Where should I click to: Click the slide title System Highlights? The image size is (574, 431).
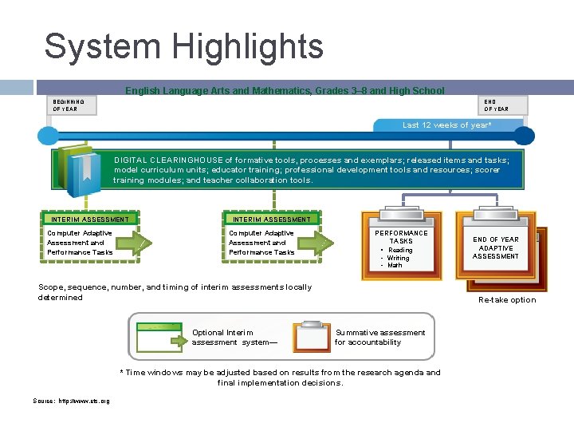(x=183, y=46)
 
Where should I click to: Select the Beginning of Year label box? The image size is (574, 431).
(x=69, y=105)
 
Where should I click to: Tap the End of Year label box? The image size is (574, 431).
(x=495, y=105)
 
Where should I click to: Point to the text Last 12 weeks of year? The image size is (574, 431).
(x=446, y=125)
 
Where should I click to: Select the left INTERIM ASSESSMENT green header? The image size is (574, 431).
(x=89, y=219)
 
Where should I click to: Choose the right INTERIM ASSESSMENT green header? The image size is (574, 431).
(x=272, y=219)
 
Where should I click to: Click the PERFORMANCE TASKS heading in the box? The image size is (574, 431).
(x=401, y=237)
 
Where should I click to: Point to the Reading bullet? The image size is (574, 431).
(x=400, y=251)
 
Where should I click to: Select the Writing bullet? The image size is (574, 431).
(x=398, y=259)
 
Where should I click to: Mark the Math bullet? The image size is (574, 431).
(x=395, y=266)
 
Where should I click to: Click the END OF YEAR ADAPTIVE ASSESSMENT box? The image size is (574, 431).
(x=495, y=247)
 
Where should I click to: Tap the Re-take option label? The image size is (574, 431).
(x=507, y=300)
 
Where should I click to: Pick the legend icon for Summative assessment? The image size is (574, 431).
(x=311, y=337)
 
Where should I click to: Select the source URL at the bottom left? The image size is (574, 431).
(x=72, y=401)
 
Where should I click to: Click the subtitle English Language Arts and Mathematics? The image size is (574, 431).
(x=285, y=91)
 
